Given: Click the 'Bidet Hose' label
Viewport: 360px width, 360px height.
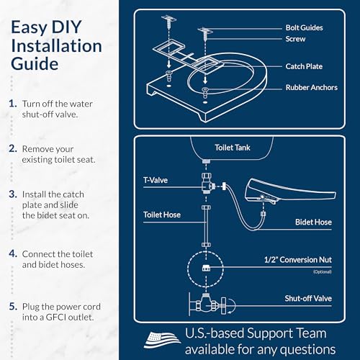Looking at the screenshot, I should [314, 222].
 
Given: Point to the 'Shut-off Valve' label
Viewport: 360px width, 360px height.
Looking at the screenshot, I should [308, 297].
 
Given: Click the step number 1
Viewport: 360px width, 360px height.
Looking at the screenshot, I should [12, 104].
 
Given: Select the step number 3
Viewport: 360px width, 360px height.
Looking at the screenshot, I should [12, 193].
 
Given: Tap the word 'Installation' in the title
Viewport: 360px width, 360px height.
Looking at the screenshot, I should [55, 46].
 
